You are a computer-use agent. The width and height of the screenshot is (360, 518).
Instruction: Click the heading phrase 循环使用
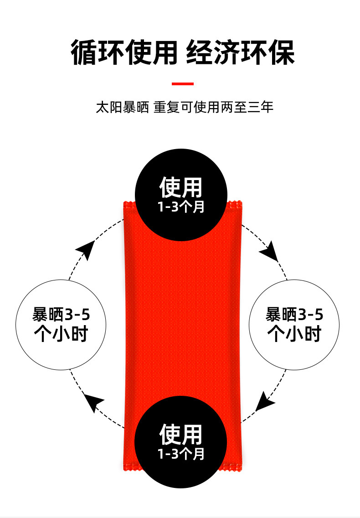124,53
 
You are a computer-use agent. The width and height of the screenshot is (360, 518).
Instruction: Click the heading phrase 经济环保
241,53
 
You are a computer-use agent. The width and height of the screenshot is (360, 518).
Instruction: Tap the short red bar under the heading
182,84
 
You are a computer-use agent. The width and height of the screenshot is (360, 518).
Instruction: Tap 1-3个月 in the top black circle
181,207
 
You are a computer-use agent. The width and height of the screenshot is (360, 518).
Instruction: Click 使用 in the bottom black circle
181,434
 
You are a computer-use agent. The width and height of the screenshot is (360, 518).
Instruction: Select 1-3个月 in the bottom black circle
181,454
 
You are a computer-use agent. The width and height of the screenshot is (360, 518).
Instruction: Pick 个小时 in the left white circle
61,334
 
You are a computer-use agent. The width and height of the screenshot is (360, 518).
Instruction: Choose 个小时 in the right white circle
294,334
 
